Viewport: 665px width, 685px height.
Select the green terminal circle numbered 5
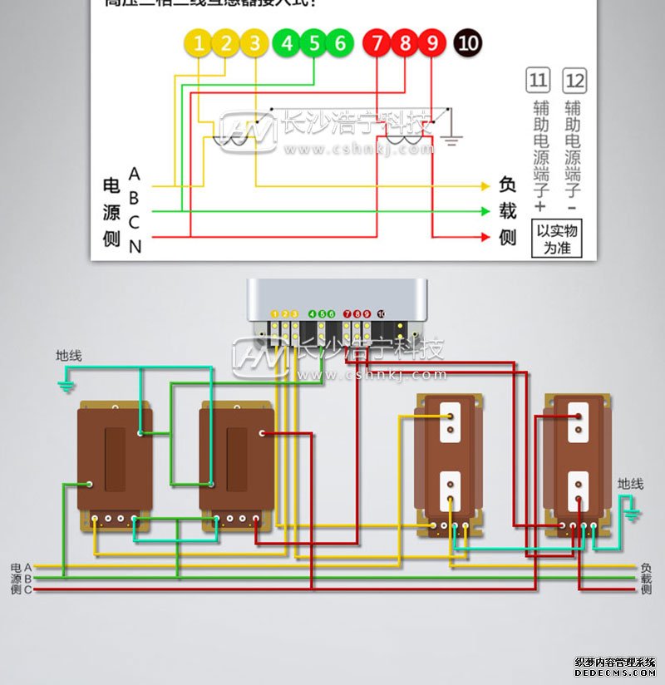point(313,43)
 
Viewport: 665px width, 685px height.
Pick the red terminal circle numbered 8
point(405,43)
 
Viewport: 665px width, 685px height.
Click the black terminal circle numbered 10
point(468,43)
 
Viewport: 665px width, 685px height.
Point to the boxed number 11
point(538,81)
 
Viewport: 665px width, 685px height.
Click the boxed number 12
point(574,81)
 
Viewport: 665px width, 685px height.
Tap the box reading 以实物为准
point(557,239)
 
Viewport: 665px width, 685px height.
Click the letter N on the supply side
point(135,246)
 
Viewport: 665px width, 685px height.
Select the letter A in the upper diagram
point(135,175)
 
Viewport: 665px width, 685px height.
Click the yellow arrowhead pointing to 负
point(485,186)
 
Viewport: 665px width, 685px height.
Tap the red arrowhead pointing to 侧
point(485,237)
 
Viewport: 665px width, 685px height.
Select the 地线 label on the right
point(630,484)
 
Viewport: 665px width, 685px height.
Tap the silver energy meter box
point(337,308)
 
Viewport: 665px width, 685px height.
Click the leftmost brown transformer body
point(115,457)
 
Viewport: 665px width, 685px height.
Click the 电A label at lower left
point(21,567)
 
